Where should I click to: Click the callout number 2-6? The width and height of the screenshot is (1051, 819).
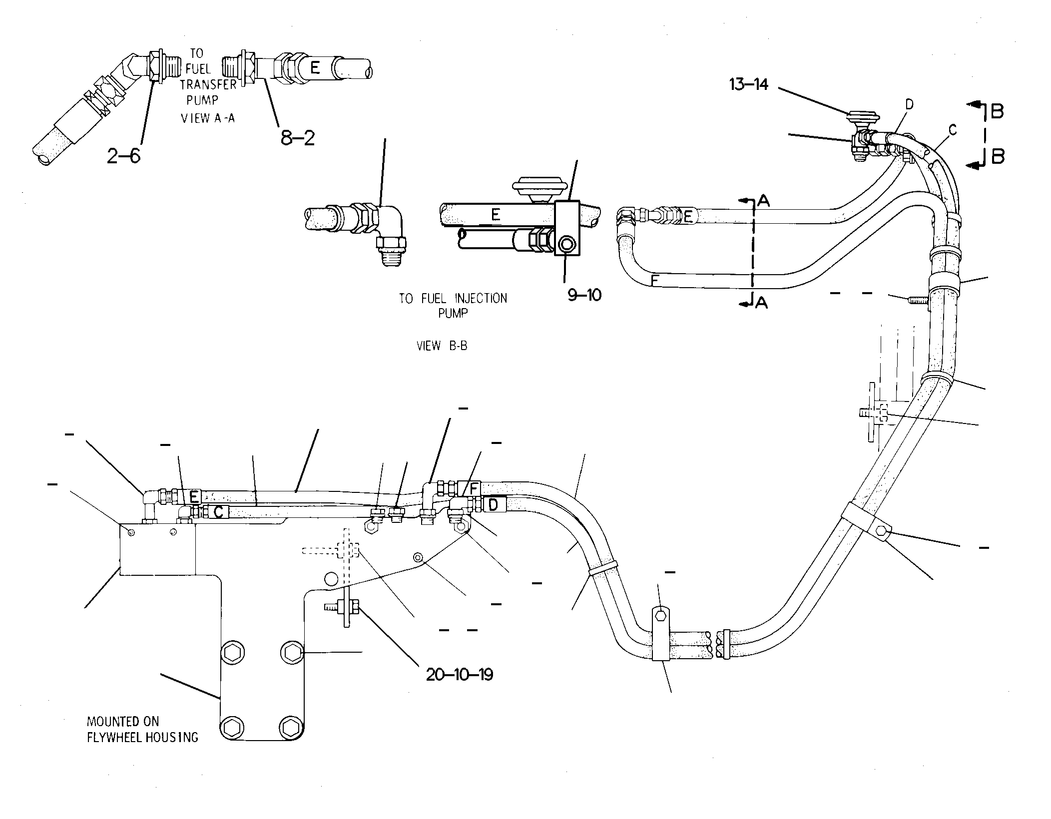[x=123, y=156]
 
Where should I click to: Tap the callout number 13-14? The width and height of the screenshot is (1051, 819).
[x=748, y=84]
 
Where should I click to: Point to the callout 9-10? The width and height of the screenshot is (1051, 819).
[x=584, y=295]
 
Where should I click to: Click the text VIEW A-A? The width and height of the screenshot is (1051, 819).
[x=208, y=118]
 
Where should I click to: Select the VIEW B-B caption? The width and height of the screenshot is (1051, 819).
[x=442, y=346]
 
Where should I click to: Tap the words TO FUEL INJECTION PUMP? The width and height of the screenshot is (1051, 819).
[x=453, y=306]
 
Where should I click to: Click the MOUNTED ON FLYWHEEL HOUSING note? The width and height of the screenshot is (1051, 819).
[x=142, y=729]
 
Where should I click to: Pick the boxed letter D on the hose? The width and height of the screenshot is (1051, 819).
[x=493, y=504]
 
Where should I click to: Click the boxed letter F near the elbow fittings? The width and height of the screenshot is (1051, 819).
[x=474, y=488]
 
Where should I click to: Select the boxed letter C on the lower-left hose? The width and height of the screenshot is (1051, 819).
[x=218, y=511]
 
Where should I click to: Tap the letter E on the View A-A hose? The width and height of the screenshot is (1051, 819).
[x=315, y=67]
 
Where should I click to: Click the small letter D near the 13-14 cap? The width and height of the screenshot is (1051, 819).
[x=909, y=104]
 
